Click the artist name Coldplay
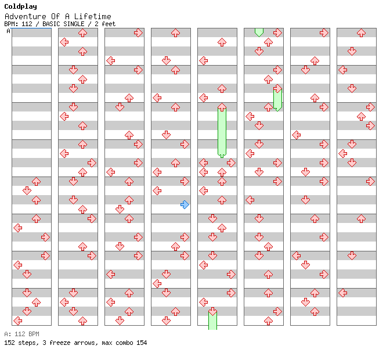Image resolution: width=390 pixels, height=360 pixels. point(20,6)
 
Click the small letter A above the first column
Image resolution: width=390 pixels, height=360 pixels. point(9,31)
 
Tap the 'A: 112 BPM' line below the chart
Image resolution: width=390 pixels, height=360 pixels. point(21,334)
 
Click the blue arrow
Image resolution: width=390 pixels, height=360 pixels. point(185,204)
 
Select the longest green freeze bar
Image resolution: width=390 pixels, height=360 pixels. point(222,131)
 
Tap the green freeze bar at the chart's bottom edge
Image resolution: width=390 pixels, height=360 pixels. point(212,321)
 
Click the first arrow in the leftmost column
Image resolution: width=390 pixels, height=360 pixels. point(36,182)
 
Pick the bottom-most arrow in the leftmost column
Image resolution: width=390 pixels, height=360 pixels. point(17,321)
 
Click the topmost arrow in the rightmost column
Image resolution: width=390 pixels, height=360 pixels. point(361,33)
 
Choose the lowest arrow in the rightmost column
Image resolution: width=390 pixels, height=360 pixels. point(342,293)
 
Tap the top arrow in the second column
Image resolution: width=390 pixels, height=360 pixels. point(82,33)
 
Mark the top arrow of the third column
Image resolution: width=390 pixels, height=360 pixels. point(138,33)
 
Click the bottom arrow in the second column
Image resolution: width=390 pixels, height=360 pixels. point(82,321)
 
